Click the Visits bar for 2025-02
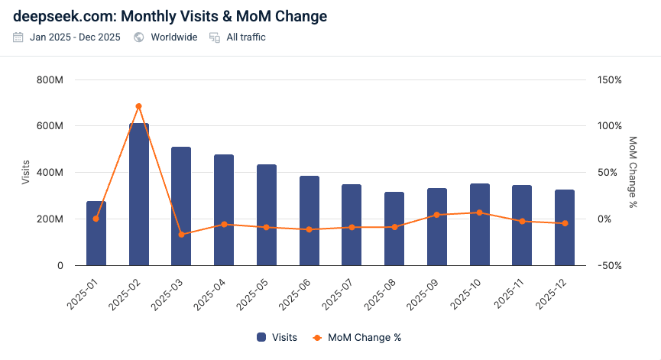[x=138, y=194]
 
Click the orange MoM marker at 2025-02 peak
[x=138, y=106]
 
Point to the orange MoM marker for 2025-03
[x=181, y=235]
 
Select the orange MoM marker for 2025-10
[x=479, y=212]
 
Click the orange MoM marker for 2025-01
[x=96, y=219]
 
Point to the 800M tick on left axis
[x=49, y=79]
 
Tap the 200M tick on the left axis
[x=49, y=219]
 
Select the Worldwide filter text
[x=173, y=37]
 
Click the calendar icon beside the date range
[x=18, y=37]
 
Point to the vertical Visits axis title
[x=26, y=173]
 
